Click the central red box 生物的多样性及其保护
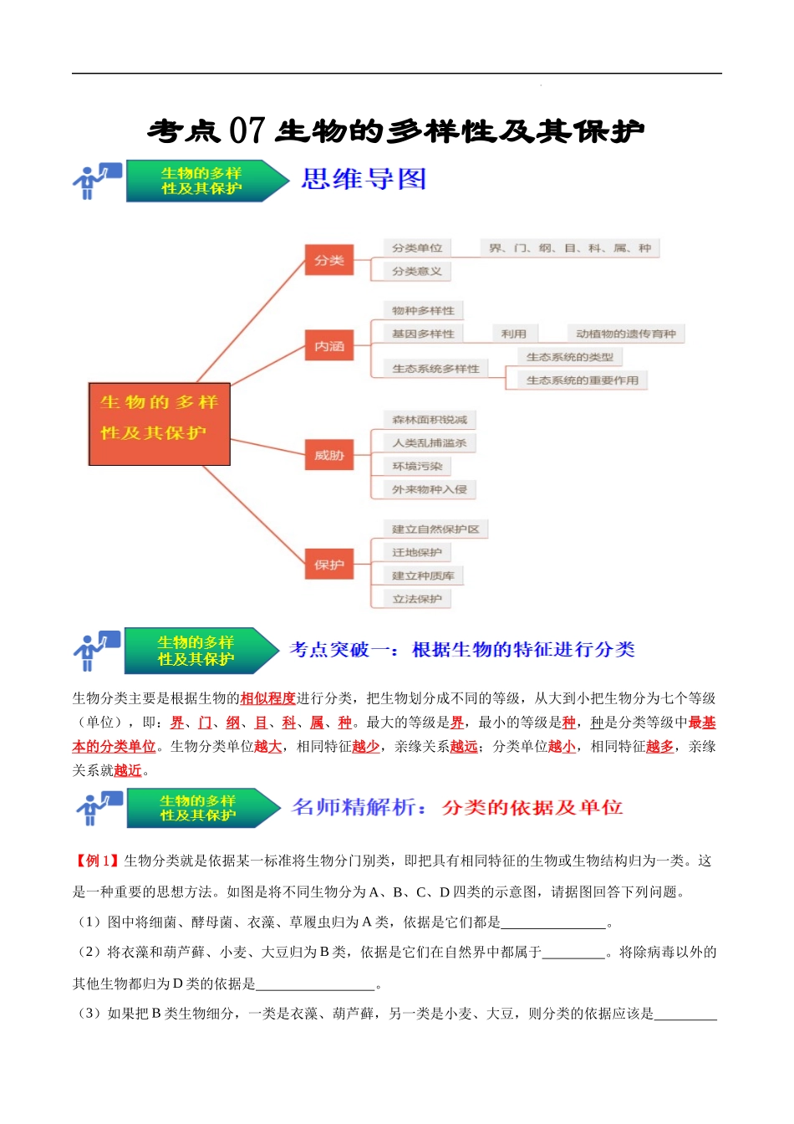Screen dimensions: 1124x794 pos(159,424)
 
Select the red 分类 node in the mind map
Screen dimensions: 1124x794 pos(328,260)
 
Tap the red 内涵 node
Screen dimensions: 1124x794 pos(328,345)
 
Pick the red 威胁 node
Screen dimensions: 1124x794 pos(328,455)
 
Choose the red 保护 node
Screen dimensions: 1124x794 pos(328,565)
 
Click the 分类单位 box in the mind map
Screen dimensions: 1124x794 pos(417,248)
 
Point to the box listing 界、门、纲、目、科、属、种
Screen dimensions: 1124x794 pos(570,248)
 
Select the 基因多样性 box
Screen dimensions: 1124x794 pos(423,334)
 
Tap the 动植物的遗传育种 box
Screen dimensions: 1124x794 pos(625,334)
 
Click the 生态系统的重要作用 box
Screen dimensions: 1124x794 pos(582,381)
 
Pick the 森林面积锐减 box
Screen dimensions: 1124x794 pos(430,420)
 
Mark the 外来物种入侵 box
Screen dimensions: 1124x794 pos(430,489)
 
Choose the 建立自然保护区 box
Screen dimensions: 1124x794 pos(435,529)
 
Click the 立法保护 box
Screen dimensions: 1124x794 pos(417,599)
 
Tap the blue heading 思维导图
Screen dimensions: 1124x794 pos(364,179)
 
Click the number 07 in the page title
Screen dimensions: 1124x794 pos(247,130)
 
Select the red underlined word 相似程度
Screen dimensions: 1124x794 pos(267,698)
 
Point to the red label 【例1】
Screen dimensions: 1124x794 pos(97,861)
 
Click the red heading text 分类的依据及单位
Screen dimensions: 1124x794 pos(532,807)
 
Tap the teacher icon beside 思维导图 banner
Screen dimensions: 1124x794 pos(96,181)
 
